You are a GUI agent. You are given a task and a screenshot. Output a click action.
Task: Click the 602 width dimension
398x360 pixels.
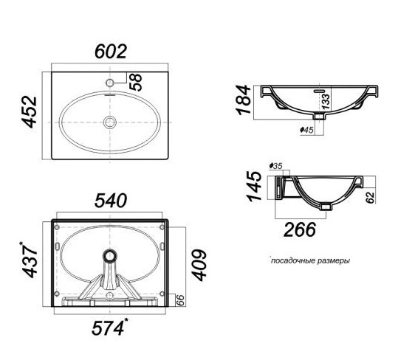111,52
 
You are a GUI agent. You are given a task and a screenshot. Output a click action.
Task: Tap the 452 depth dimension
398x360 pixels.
30,111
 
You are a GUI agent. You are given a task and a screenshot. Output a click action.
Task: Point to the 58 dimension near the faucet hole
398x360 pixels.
136,82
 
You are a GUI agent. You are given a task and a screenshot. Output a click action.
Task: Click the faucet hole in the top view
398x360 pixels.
110,83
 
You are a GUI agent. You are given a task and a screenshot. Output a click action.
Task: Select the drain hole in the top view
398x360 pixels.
110,122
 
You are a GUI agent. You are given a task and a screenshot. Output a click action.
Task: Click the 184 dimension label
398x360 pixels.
243,100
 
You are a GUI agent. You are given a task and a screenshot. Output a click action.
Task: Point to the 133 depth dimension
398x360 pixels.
326,101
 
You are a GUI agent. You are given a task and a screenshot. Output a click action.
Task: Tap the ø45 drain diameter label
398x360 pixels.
307,130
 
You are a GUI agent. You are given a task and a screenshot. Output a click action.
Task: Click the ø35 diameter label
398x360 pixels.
275,166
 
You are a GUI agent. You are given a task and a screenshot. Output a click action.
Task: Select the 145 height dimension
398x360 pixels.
254,187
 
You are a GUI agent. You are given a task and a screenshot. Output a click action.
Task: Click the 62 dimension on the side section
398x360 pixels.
371,198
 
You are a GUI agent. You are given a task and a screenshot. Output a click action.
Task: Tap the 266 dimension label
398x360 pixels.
300,229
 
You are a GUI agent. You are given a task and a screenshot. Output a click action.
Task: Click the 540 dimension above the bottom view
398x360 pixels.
111,201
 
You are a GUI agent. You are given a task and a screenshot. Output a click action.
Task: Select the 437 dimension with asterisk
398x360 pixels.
30,260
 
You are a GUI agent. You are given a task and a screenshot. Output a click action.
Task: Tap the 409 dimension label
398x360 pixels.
199,265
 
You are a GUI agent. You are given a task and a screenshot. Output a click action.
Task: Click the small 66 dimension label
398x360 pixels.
180,300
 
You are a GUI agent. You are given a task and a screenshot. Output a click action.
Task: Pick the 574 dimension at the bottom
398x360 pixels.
109,328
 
